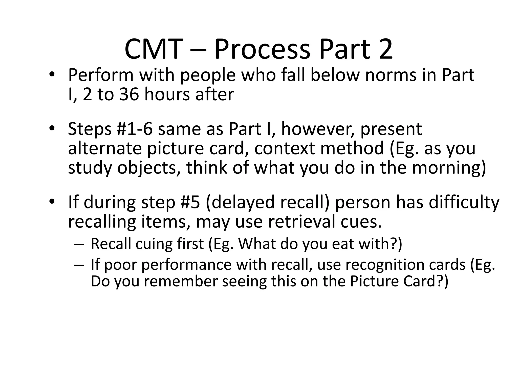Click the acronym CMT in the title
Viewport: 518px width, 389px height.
tap(154, 49)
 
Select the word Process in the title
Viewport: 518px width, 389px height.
tap(262, 49)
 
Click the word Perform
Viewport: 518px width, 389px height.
tap(101, 75)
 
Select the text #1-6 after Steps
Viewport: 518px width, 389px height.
tap(135, 129)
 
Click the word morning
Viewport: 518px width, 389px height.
tap(446, 168)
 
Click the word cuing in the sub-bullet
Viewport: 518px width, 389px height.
tap(154, 244)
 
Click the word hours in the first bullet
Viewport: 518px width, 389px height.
tap(167, 94)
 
